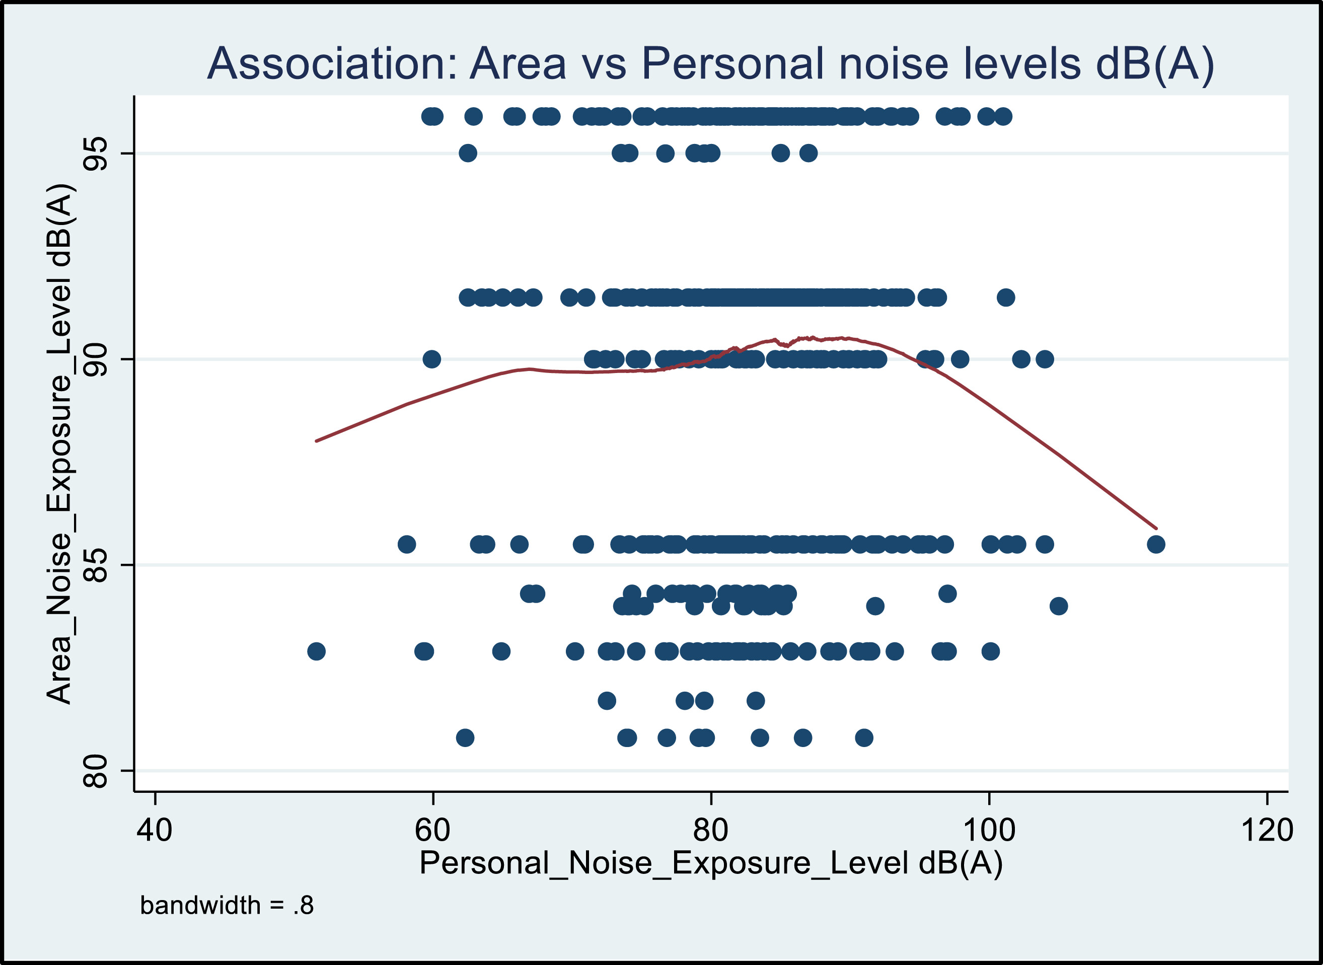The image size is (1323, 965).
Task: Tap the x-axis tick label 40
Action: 154,830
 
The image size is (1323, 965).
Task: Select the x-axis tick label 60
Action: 432,830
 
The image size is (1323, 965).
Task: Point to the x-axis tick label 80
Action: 710,830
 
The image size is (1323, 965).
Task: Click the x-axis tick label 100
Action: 989,830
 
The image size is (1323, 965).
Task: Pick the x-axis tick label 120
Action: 1266,830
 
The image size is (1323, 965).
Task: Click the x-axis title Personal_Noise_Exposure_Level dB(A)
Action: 710,863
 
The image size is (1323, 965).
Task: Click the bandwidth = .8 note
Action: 227,906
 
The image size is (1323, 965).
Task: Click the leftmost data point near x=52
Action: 316,651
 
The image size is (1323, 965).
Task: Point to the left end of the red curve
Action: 317,440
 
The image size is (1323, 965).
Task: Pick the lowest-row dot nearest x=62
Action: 465,738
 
